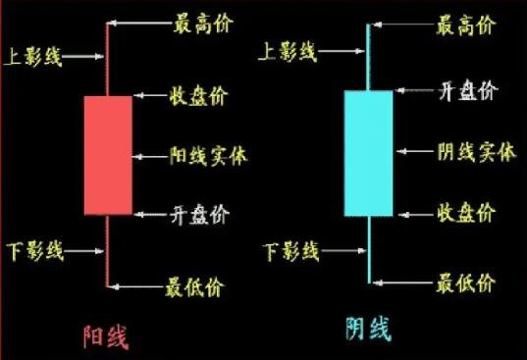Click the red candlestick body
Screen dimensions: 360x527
tap(108, 155)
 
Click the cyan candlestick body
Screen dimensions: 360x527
tap(368, 153)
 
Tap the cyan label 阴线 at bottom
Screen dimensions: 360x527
tap(368, 329)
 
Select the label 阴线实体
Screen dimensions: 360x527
tap(476, 152)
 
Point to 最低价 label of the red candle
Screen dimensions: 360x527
tap(195, 287)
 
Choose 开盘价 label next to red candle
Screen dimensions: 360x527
tap(202, 214)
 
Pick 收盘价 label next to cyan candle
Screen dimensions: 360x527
tap(466, 212)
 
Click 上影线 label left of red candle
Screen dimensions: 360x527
tap(33, 57)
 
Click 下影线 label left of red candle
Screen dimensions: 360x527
tap(33, 252)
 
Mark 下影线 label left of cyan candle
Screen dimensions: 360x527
tap(291, 252)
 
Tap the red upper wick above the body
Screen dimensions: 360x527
tap(108, 59)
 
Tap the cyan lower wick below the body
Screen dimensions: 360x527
tap(369, 250)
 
